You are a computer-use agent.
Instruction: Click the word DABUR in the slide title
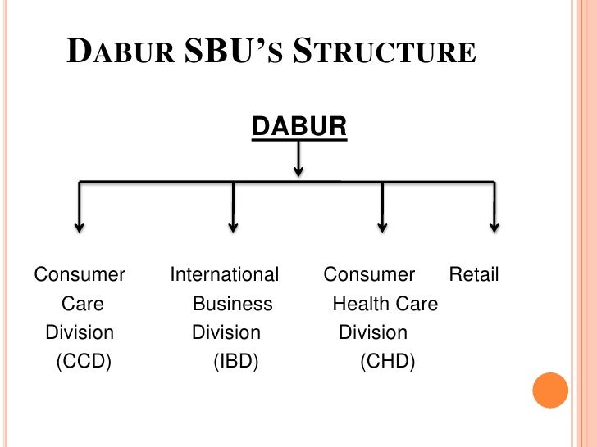click(120, 53)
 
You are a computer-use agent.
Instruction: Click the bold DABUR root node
click(298, 127)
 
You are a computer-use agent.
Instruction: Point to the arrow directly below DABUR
click(298, 159)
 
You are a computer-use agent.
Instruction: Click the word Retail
click(474, 275)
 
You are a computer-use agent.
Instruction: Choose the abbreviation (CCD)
click(83, 361)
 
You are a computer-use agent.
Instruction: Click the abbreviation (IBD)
click(235, 361)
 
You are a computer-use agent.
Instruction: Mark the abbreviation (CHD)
click(388, 361)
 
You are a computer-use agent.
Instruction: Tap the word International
click(225, 275)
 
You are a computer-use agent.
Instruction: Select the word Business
click(232, 304)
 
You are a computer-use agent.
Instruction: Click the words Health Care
click(385, 304)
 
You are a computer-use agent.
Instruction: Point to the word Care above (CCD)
click(83, 304)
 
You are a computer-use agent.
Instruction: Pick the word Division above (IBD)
click(226, 332)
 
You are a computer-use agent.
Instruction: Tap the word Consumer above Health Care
click(369, 275)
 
